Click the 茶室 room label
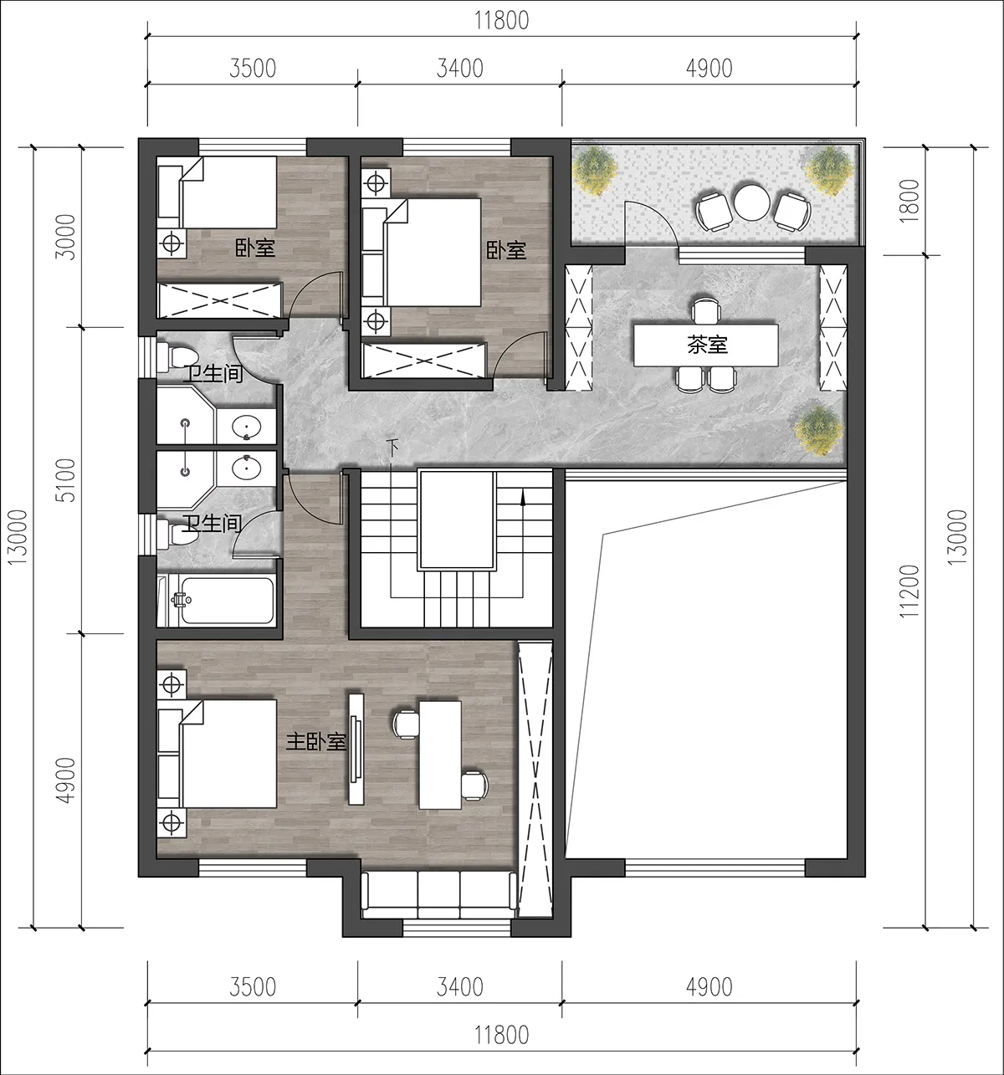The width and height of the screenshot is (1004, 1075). click(x=707, y=345)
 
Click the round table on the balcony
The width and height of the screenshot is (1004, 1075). click(x=751, y=202)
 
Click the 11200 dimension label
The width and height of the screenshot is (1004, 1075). click(x=909, y=591)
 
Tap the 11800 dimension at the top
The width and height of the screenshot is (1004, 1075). click(x=502, y=21)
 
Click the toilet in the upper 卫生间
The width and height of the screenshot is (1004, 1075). click(x=177, y=356)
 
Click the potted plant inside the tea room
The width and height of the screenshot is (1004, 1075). click(x=818, y=431)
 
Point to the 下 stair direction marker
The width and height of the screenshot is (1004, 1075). click(x=393, y=447)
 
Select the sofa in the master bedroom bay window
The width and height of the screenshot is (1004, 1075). click(x=438, y=895)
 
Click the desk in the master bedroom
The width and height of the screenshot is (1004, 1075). click(x=440, y=755)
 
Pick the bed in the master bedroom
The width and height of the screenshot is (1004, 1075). click(x=217, y=754)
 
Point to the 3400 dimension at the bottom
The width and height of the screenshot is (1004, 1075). click(x=460, y=987)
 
